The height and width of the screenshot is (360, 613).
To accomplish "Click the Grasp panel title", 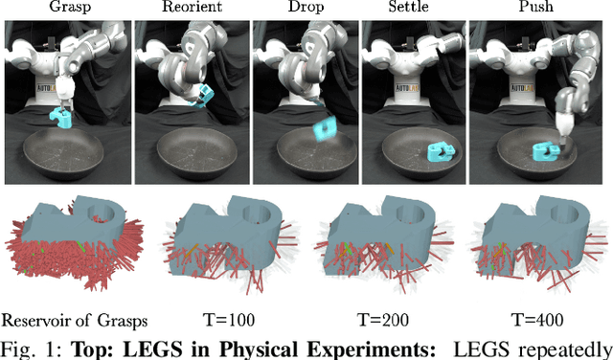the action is (67, 8).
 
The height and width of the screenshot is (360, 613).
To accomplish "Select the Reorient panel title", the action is (188, 8).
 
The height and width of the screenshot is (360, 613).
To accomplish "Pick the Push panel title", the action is (537, 8).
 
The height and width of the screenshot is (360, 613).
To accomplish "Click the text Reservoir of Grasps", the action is (67, 320).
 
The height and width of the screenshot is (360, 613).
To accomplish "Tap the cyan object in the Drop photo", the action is (324, 128).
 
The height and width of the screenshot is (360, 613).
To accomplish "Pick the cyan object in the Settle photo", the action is (441, 150).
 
